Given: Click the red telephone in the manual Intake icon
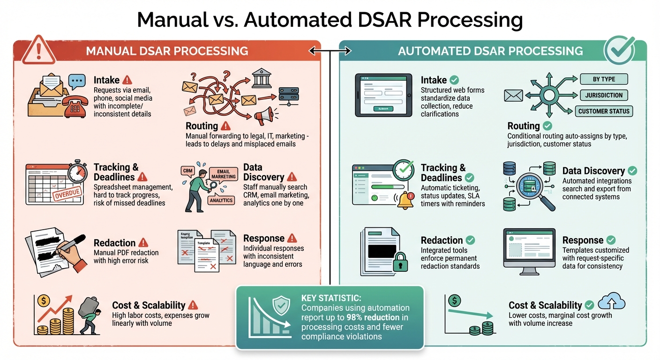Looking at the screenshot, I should coord(73,106).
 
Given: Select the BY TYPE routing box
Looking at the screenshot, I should coord(604,79).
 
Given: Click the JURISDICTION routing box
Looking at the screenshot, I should coord(604,95).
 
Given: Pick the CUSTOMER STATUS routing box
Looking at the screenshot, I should coord(604,111).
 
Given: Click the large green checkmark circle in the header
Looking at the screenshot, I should coord(619,50).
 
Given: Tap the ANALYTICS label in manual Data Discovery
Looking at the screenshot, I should coord(221,200).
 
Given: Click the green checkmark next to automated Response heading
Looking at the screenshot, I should coord(611,240).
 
